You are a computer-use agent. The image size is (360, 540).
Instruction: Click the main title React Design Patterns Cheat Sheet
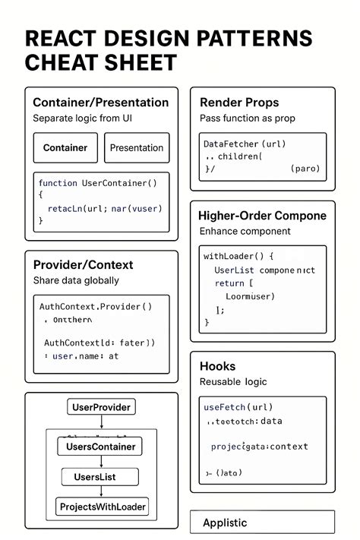[168, 50]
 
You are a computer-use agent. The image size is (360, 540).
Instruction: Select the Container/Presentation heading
[100, 102]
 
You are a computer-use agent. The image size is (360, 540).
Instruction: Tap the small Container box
[65, 148]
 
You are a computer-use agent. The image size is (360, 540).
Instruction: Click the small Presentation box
[137, 148]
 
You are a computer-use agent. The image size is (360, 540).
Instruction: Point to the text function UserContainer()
[97, 183]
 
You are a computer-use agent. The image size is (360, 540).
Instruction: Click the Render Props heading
[239, 102]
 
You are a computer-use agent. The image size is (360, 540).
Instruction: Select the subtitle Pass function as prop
[247, 118]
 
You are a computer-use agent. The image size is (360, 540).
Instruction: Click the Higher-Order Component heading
[262, 216]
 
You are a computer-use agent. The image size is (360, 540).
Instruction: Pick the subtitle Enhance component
[245, 231]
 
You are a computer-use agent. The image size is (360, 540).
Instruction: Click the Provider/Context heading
[83, 264]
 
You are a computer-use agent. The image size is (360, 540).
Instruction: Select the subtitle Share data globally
[76, 280]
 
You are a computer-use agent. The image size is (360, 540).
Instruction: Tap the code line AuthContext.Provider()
[96, 307]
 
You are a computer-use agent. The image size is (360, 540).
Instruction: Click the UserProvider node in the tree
[101, 407]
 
